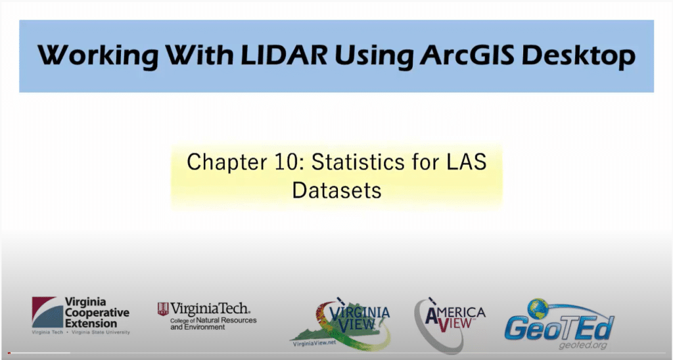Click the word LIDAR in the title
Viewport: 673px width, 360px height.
pyautogui.click(x=283, y=55)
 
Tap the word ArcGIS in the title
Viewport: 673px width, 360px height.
pyautogui.click(x=467, y=55)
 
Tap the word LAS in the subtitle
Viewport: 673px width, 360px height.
pyautogui.click(x=467, y=162)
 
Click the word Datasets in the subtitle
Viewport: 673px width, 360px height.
pyautogui.click(x=336, y=190)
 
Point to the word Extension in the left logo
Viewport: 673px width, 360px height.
pyautogui.click(x=91, y=323)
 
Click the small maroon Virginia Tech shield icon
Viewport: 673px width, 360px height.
pyautogui.click(x=163, y=309)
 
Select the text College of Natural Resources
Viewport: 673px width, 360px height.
pyautogui.click(x=214, y=321)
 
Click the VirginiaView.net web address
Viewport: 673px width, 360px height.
pyautogui.click(x=314, y=343)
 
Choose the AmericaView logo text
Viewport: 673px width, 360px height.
pyautogui.click(x=455, y=317)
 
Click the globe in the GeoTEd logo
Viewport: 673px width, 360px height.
pyautogui.click(x=538, y=309)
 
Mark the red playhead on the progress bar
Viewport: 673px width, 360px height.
pyautogui.click(x=9, y=353)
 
